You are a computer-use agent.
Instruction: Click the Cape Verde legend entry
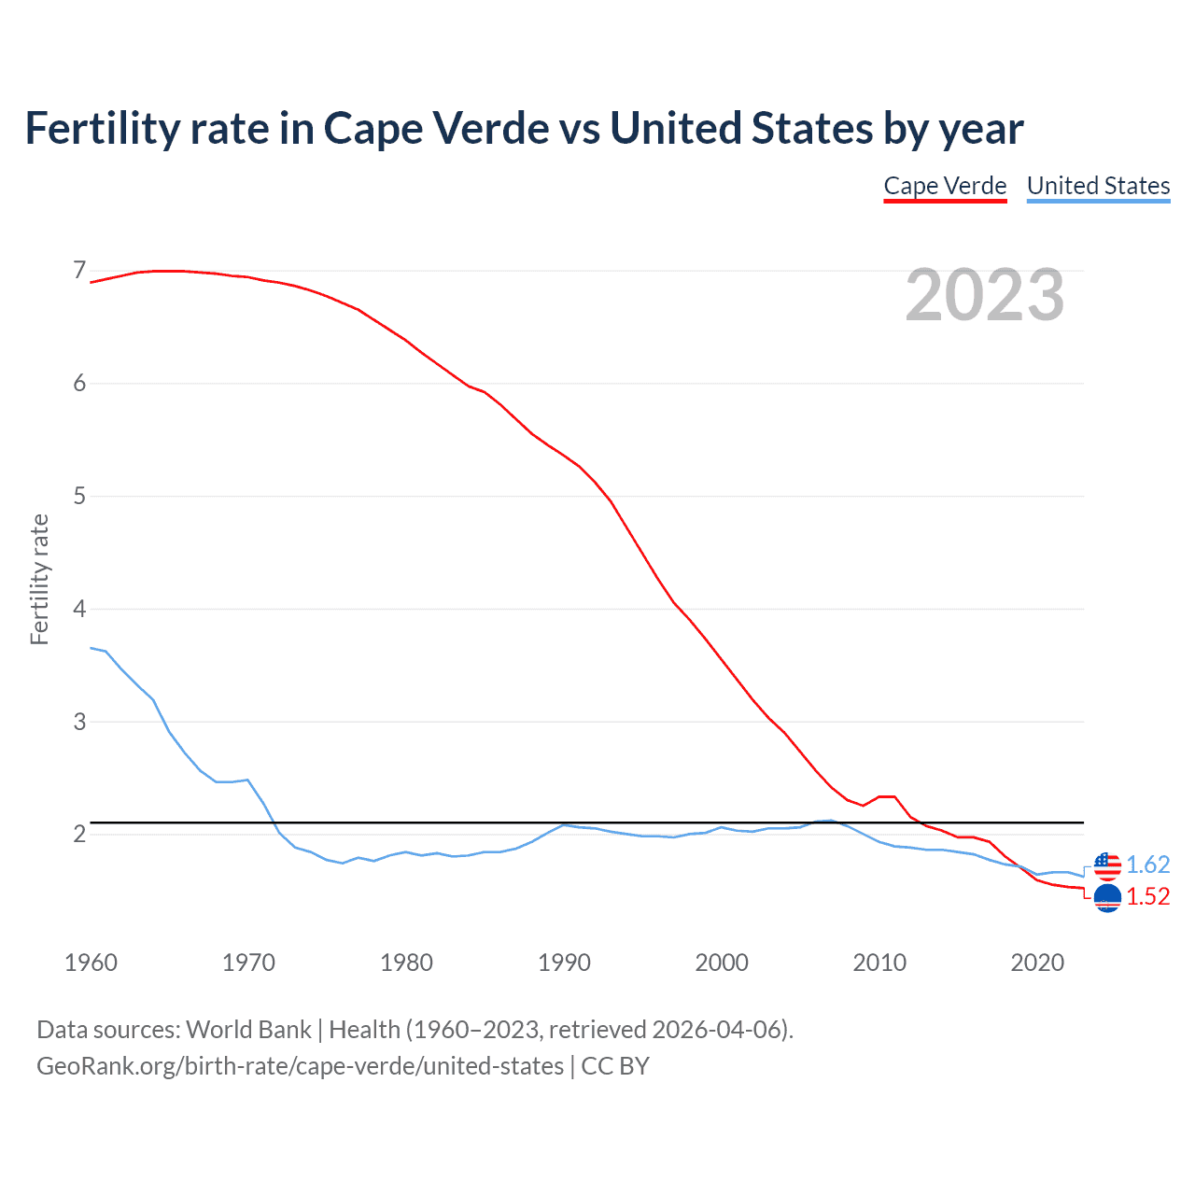point(945,186)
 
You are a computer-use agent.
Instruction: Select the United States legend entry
point(1098,186)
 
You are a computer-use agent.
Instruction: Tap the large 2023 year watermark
point(985,295)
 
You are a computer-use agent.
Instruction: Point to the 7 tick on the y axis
point(79,271)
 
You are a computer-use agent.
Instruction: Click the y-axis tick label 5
point(79,496)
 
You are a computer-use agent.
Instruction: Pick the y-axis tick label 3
point(79,722)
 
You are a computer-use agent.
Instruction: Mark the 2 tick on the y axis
point(79,834)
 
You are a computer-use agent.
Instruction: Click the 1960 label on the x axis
point(91,963)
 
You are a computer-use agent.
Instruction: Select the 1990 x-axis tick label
point(564,963)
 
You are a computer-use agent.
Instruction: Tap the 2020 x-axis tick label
point(1037,963)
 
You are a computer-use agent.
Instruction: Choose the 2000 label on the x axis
point(722,963)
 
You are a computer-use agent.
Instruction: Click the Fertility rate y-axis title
point(39,579)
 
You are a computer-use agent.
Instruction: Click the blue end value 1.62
point(1147,865)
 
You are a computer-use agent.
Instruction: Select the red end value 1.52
point(1147,896)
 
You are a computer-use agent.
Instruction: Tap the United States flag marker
point(1107,866)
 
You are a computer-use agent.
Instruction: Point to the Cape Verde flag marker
point(1107,898)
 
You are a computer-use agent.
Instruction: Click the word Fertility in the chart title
point(101,128)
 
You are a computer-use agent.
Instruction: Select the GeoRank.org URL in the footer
point(300,1065)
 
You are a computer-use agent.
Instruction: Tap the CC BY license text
point(615,1065)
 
